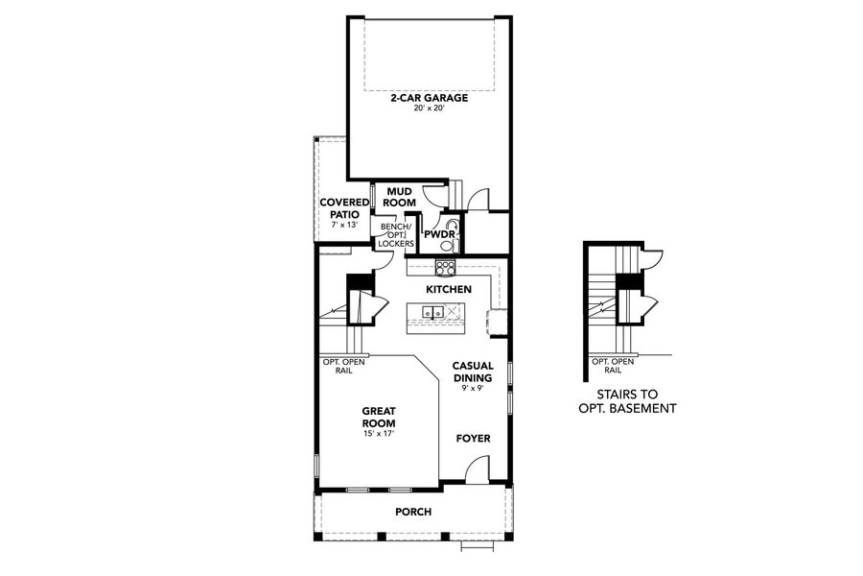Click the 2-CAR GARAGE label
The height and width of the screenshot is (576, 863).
click(x=428, y=98)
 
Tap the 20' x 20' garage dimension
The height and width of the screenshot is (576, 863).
click(x=428, y=108)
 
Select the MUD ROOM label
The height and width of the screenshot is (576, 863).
click(x=400, y=198)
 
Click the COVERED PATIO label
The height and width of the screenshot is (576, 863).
click(x=345, y=208)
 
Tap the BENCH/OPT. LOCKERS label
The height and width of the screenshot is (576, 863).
click(x=395, y=235)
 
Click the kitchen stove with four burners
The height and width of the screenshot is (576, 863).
click(x=446, y=268)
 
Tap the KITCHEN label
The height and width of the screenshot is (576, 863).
click(x=448, y=289)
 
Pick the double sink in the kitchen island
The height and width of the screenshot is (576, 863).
click(x=432, y=312)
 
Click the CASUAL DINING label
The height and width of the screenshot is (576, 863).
click(x=473, y=372)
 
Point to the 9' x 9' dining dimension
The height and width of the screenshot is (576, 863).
click(x=473, y=390)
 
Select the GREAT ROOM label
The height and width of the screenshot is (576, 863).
click(x=379, y=418)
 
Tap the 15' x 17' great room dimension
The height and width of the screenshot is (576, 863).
click(x=379, y=434)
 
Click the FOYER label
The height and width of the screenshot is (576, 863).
click(x=473, y=439)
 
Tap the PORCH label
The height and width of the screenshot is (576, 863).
click(x=413, y=512)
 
